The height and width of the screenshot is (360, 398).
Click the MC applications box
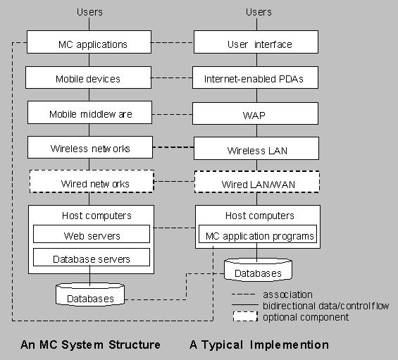[89, 42]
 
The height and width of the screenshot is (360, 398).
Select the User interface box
[256, 42]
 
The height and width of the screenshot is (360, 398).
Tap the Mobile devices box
[88, 77]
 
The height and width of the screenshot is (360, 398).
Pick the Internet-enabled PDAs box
[255, 77]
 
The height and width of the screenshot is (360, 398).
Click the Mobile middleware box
[90, 113]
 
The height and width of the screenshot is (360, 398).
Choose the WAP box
[255, 113]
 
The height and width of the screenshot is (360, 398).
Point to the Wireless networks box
[90, 147]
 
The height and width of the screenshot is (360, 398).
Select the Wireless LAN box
[256, 148]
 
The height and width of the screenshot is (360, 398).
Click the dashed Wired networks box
[92, 181]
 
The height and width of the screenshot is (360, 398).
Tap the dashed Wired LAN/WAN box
[257, 182]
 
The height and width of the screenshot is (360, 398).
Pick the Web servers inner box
[92, 234]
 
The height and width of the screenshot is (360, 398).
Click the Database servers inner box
[92, 257]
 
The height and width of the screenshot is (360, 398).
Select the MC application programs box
[258, 234]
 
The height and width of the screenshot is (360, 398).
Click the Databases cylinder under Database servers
[90, 294]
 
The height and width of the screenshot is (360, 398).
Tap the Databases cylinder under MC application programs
[258, 270]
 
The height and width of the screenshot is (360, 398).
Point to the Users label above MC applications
[89, 12]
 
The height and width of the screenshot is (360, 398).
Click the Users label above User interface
[259, 12]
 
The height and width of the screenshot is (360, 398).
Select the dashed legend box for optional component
[245, 316]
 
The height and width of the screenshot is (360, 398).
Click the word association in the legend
[287, 294]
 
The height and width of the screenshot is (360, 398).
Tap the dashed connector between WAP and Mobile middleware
[172, 115]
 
